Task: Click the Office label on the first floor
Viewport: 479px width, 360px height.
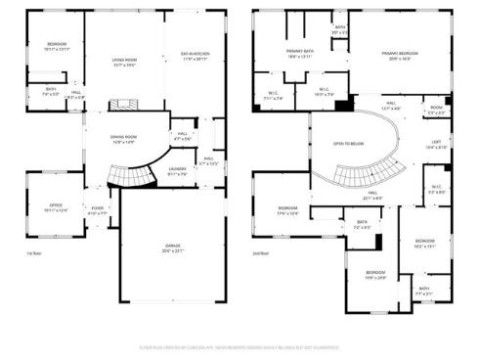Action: pyautogui.click(x=56, y=206)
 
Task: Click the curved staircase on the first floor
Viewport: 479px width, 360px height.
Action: pyautogui.click(x=131, y=176)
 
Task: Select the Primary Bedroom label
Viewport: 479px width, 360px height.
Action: pyautogui.click(x=395, y=55)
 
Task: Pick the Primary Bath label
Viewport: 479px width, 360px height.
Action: pyautogui.click(x=301, y=52)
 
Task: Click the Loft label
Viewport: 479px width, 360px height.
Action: pyautogui.click(x=436, y=144)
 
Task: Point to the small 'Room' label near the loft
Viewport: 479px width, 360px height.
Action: pyautogui.click(x=436, y=109)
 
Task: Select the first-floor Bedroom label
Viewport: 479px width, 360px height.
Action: pyautogui.click(x=58, y=45)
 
